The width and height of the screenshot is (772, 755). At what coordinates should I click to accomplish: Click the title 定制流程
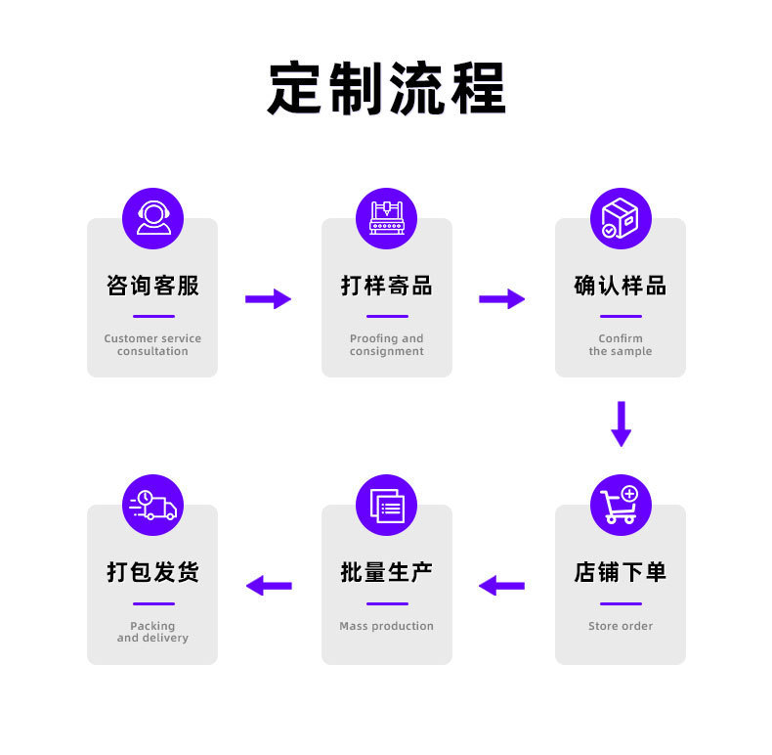pos(386,89)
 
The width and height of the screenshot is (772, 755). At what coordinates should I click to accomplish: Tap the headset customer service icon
pos(152,218)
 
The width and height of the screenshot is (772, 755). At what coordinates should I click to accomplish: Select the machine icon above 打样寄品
pos(386,218)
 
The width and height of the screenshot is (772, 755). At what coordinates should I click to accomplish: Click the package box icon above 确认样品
pos(621,218)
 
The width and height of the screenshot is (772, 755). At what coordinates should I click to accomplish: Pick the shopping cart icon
pos(621,505)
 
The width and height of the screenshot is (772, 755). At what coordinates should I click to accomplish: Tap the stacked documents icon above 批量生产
pos(386,505)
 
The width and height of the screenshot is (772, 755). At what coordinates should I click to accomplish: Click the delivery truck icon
pos(152,505)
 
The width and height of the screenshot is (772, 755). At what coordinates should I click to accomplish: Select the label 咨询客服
pos(152,286)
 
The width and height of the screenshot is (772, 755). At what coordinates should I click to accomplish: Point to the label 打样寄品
pos(386,286)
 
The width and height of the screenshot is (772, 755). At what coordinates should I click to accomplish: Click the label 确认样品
pos(621,286)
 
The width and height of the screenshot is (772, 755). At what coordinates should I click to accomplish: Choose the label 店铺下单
pos(621,572)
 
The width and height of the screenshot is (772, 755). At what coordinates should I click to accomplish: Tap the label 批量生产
pos(386,572)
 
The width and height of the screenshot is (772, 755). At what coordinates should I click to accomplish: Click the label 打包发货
pos(152,572)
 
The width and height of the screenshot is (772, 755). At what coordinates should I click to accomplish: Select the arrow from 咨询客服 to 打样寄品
pos(269,299)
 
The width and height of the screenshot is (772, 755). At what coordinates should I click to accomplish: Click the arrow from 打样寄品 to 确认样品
pos(502,299)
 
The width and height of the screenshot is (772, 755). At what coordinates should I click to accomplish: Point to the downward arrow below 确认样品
pos(621,423)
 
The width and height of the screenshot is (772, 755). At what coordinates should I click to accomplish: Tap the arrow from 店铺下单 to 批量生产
pos(501,586)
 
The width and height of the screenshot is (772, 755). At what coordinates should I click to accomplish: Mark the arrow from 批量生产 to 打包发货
pos(269,586)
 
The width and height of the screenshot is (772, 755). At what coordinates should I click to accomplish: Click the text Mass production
pos(386,626)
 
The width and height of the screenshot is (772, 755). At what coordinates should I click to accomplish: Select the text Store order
pos(621,626)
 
